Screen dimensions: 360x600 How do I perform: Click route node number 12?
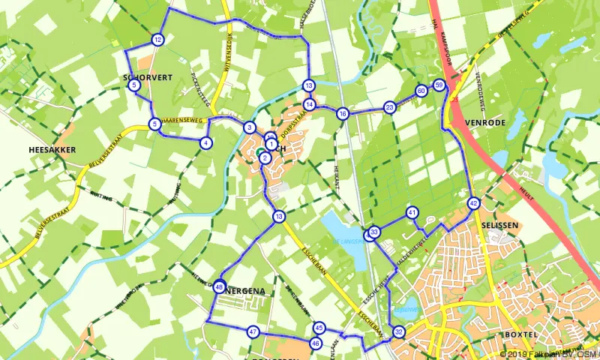coord(157,40)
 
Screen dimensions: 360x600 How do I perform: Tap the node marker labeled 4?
coord(205,143)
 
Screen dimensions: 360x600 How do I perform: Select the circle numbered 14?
coord(309,104)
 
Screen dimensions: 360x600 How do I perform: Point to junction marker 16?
coord(343,114)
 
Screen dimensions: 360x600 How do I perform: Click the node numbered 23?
coord(389,107)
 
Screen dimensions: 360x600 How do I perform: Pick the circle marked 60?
coord(421,91)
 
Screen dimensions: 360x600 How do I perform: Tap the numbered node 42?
coord(473,203)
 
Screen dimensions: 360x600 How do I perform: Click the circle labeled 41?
coord(412,213)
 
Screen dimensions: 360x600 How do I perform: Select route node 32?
coord(398,332)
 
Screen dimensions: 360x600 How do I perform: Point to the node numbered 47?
coord(253,331)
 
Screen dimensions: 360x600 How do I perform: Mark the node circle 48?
coord(219,286)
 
